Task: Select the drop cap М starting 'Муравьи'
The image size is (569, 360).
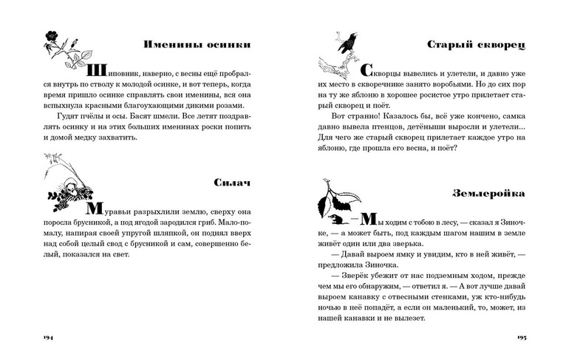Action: click(95, 208)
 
